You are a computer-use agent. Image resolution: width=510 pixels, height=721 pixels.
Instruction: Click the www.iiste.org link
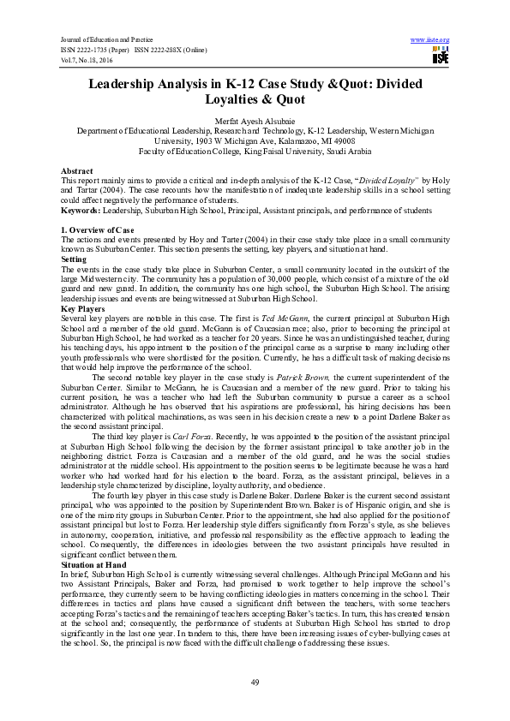[x=430, y=40]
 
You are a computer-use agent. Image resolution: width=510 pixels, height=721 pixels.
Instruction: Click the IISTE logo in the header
[x=441, y=57]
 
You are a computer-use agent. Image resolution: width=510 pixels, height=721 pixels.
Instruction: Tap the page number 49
[x=255, y=680]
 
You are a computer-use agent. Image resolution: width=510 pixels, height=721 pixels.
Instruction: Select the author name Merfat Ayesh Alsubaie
[x=255, y=121]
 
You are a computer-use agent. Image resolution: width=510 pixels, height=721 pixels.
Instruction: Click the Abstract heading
[x=76, y=171]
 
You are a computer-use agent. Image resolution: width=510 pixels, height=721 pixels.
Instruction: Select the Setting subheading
[x=74, y=258]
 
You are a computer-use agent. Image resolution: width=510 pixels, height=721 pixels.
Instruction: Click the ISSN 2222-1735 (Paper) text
[x=94, y=49]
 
